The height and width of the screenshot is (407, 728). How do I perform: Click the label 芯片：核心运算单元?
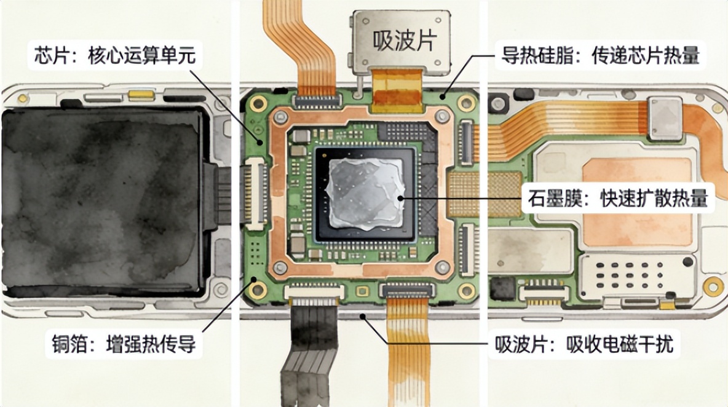pos(115,55)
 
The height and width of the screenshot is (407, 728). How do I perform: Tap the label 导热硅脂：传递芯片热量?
pos(600,56)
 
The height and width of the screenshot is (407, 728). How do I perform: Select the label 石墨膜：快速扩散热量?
pos(618,198)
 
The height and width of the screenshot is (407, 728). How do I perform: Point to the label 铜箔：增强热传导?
pos(124,344)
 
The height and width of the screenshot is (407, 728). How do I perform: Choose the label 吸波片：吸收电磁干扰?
pos(584,344)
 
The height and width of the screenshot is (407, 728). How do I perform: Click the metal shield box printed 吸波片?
pos(402,41)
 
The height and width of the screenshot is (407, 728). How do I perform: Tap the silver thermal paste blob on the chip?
pos(365,193)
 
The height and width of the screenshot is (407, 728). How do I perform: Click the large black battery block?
pos(103,202)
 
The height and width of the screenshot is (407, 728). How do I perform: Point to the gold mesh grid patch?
pos(485,194)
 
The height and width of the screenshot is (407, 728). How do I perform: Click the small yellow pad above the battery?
pos(141,95)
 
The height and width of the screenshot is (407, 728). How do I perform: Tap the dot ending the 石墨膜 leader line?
pos(401,198)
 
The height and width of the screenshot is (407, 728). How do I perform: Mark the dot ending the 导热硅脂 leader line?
pos(443,97)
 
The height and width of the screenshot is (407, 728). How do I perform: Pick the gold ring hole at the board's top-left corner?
pos(258,103)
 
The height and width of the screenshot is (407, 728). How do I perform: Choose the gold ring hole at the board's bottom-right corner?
pos(466,291)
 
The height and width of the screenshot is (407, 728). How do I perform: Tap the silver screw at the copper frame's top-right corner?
pos(441,116)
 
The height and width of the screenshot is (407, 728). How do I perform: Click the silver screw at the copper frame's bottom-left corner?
pos(280,267)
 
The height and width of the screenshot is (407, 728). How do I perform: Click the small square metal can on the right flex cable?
pos(665,118)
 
